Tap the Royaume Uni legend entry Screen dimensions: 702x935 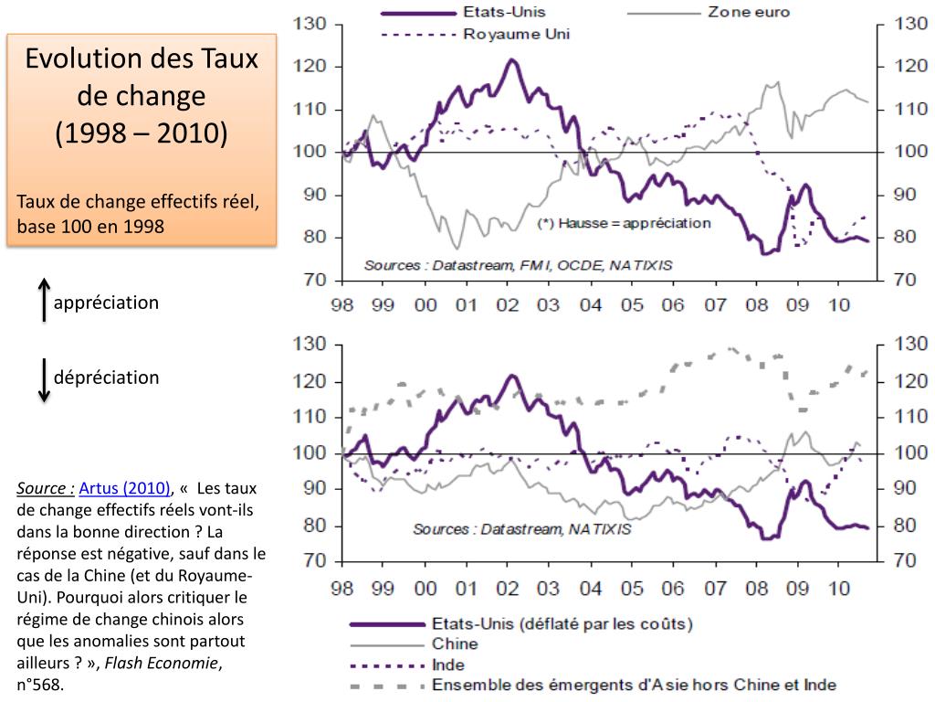(x=516, y=35)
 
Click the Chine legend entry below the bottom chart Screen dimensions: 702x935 (x=454, y=644)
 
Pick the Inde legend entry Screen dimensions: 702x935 (x=449, y=665)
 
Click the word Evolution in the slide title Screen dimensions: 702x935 (x=82, y=59)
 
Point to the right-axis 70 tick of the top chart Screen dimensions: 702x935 (x=904, y=280)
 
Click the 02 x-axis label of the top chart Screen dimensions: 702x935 (x=509, y=304)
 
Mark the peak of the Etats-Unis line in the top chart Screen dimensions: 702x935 (x=512, y=60)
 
